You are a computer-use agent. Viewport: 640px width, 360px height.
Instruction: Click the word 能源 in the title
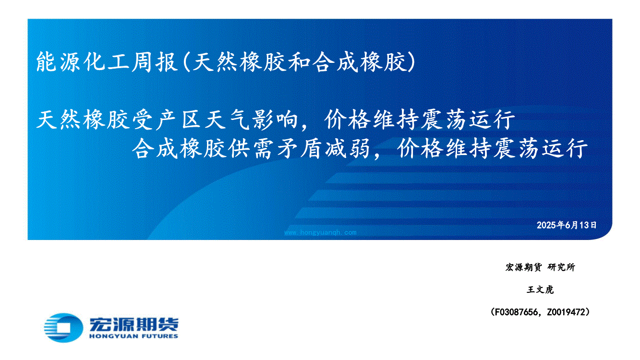click(60, 62)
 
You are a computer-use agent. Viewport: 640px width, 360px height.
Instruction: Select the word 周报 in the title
click(155, 62)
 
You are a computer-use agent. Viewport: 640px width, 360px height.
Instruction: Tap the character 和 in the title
click(299, 62)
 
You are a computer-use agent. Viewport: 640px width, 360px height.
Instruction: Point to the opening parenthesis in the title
click(186, 62)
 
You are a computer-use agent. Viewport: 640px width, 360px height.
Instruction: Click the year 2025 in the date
click(546, 225)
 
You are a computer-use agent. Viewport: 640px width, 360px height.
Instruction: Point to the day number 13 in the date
click(584, 225)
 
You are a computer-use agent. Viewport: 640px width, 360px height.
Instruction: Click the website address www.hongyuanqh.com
click(320, 233)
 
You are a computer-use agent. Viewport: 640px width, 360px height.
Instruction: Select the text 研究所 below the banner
click(561, 267)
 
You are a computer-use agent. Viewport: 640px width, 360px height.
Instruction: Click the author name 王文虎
click(540, 289)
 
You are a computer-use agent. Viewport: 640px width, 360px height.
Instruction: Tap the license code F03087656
click(516, 312)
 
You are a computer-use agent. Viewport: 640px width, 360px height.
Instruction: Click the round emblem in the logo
click(63, 328)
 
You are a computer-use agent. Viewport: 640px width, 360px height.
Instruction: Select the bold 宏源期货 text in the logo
click(134, 324)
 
